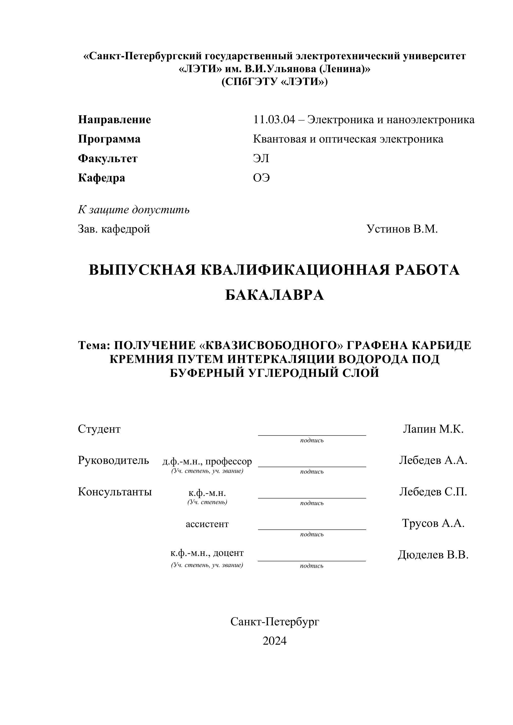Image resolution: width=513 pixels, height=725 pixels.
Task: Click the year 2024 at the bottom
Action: click(x=275, y=641)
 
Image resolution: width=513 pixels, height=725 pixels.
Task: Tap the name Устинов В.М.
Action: click(x=402, y=229)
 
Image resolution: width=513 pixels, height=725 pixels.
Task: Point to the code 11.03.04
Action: click(x=274, y=120)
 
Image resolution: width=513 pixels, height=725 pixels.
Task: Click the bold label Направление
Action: click(x=114, y=120)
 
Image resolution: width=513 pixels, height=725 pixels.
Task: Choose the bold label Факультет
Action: click(x=108, y=158)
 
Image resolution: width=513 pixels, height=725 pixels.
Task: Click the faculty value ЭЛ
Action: click(x=261, y=158)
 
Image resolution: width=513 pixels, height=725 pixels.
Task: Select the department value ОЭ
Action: click(x=261, y=178)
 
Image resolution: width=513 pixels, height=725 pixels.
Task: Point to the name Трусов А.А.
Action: click(x=433, y=523)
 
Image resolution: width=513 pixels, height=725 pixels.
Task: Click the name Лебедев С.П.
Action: click(x=433, y=492)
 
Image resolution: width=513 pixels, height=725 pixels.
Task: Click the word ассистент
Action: click(x=207, y=524)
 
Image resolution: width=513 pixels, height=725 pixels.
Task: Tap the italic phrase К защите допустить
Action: click(x=134, y=210)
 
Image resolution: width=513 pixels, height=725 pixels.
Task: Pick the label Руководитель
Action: click(x=113, y=460)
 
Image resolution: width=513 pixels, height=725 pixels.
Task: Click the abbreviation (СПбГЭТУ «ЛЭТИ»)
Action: click(x=275, y=82)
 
